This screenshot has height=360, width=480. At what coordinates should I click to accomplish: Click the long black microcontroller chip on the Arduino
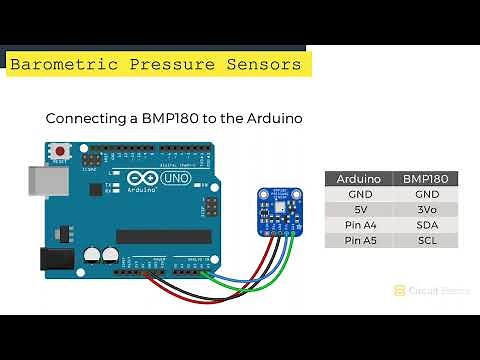pos(164,236)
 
